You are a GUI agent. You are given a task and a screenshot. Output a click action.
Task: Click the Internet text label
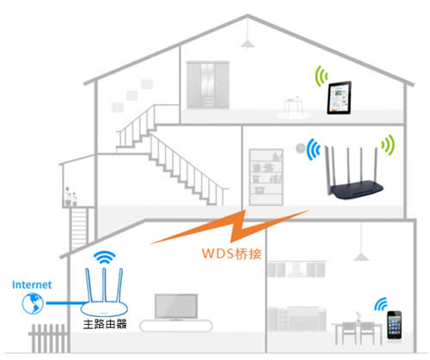[33, 284]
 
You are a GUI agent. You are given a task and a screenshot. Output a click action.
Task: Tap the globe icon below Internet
[29, 303]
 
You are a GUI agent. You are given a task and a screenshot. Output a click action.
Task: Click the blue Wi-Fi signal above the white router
[104, 256]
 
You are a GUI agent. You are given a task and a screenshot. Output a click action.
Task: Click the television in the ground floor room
[175, 307]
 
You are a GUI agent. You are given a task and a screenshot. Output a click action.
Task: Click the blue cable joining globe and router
[60, 303]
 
